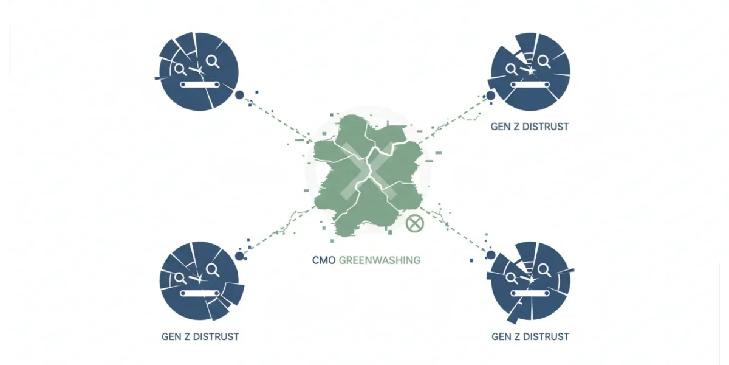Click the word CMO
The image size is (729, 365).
(x=324, y=260)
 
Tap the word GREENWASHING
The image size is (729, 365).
(x=380, y=260)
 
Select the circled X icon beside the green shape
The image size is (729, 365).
(x=415, y=224)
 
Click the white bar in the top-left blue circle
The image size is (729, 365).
(x=200, y=85)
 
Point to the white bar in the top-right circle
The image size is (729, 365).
(x=530, y=85)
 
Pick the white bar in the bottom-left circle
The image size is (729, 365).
(x=200, y=294)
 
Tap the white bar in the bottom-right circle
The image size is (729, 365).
(x=530, y=294)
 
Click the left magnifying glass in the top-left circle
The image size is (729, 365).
(x=180, y=69)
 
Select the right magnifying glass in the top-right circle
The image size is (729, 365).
(x=544, y=61)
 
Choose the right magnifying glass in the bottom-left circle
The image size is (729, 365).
(x=213, y=270)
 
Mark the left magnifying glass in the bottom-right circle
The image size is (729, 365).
(x=512, y=279)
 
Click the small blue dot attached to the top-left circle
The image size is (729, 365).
(x=239, y=95)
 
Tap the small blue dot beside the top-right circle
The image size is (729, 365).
(x=490, y=96)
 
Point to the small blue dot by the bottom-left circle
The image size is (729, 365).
(x=239, y=256)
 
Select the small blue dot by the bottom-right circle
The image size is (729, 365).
(x=491, y=255)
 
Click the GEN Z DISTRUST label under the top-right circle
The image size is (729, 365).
(x=530, y=127)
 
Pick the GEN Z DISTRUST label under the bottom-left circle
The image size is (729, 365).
(x=200, y=336)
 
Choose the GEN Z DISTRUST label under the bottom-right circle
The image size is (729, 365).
(x=530, y=336)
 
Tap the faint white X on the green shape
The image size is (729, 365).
(x=368, y=171)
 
